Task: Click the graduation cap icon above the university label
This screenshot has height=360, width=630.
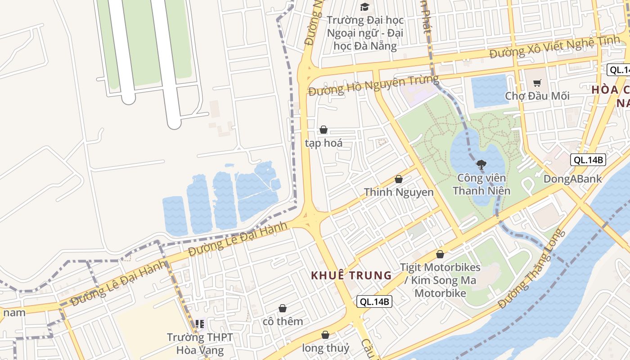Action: coord(364,7)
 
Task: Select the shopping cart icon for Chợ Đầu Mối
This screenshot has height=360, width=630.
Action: coord(537,83)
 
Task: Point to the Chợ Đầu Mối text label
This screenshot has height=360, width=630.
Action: coord(537,96)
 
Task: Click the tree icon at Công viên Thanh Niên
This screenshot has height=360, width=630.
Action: coord(481,165)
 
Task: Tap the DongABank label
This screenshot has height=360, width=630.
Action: coord(572,179)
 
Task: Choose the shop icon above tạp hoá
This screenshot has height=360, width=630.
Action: coord(323,130)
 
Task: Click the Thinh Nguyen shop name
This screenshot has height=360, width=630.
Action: coord(399,192)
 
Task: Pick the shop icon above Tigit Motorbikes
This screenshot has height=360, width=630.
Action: coord(440,254)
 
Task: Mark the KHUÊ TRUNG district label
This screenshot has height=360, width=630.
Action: coord(351,275)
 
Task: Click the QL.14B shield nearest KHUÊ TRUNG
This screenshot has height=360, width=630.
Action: coord(374,301)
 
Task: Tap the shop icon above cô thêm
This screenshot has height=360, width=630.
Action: coord(283,308)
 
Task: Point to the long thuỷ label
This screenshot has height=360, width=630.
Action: coord(325,348)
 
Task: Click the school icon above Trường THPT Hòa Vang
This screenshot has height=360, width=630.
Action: coord(200,324)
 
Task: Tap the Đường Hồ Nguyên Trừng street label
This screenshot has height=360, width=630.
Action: coord(373,85)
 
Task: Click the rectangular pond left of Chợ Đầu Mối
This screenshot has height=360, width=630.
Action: coord(490,91)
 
